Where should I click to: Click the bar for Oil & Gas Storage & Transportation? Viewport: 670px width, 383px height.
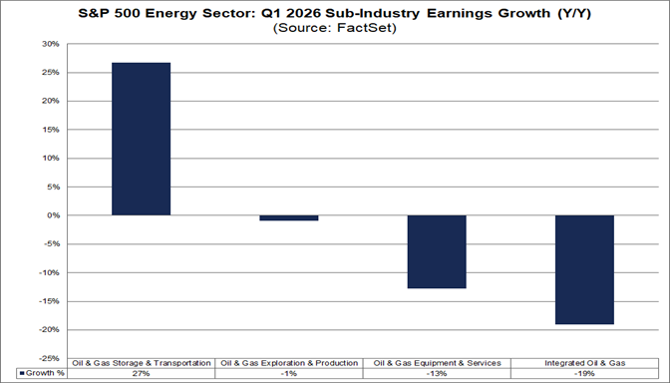pos(141,139)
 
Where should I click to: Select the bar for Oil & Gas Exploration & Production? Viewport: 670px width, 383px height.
pos(288,217)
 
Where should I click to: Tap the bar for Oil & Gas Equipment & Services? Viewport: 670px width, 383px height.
pos(436,251)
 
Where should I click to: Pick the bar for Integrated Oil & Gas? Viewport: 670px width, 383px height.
pos(583,269)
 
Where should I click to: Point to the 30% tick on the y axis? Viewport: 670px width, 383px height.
pos(49,45)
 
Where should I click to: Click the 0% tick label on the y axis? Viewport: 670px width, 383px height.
pos(52,215)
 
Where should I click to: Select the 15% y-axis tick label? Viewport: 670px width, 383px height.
pos(49,130)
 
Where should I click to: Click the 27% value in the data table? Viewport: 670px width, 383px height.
pos(141,373)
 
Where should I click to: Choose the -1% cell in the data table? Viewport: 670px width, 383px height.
pos(288,373)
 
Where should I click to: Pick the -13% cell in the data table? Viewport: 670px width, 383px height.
pos(436,373)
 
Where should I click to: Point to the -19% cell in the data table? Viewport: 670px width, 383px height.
pos(583,373)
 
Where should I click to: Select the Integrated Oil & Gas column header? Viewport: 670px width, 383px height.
pos(583,363)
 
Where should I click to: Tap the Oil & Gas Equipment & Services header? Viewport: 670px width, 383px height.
pos(436,363)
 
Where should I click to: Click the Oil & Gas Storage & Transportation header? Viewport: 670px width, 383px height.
pos(141,363)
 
